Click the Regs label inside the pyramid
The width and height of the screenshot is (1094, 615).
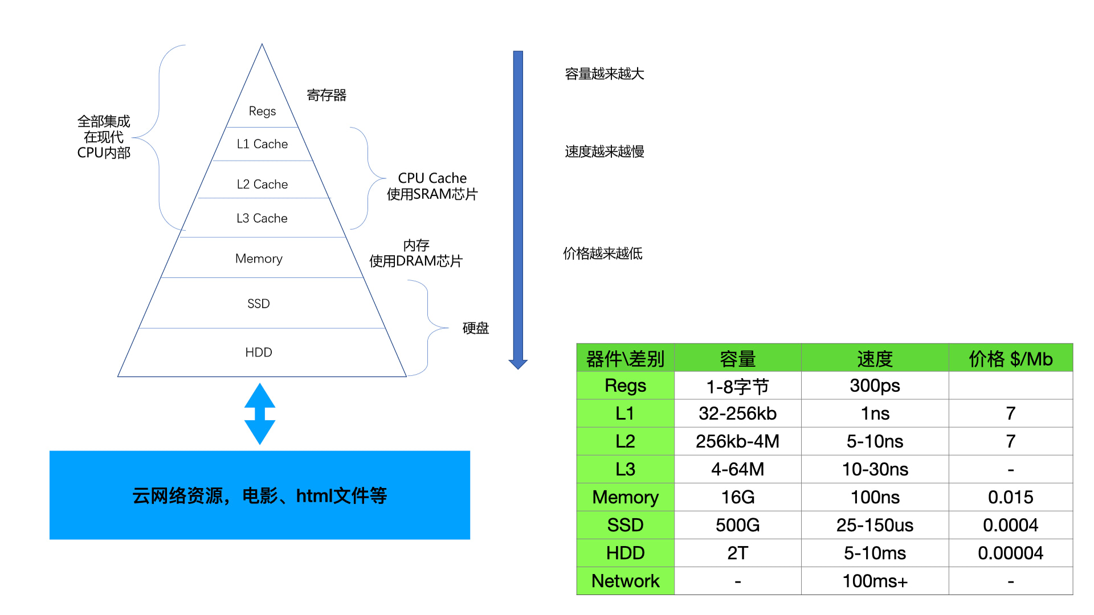coord(262,111)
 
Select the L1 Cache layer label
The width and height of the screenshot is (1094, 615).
coord(262,144)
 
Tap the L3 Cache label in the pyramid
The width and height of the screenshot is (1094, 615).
coord(262,218)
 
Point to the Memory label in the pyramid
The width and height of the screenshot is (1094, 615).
coord(259,259)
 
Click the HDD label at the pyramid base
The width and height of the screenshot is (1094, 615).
coord(259,352)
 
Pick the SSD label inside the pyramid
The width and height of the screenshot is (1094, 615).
coord(259,304)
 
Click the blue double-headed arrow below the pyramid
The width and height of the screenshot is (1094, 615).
coord(260,414)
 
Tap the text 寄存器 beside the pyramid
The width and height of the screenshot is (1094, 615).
coord(326,95)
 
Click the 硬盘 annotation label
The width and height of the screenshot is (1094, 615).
coord(476,328)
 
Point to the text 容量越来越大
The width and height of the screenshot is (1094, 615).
coord(605,74)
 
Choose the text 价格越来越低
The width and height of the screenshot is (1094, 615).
coord(603,253)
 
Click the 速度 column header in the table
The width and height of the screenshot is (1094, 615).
coord(875,359)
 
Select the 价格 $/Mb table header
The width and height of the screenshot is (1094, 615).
coord(1010,359)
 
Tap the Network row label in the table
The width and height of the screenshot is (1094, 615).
coord(625,581)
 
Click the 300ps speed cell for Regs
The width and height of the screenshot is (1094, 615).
coord(875,386)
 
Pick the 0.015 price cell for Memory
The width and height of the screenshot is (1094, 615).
coord(1010,497)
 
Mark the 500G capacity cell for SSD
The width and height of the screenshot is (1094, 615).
coord(737,525)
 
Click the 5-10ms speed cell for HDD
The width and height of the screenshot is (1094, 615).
coord(875,553)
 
